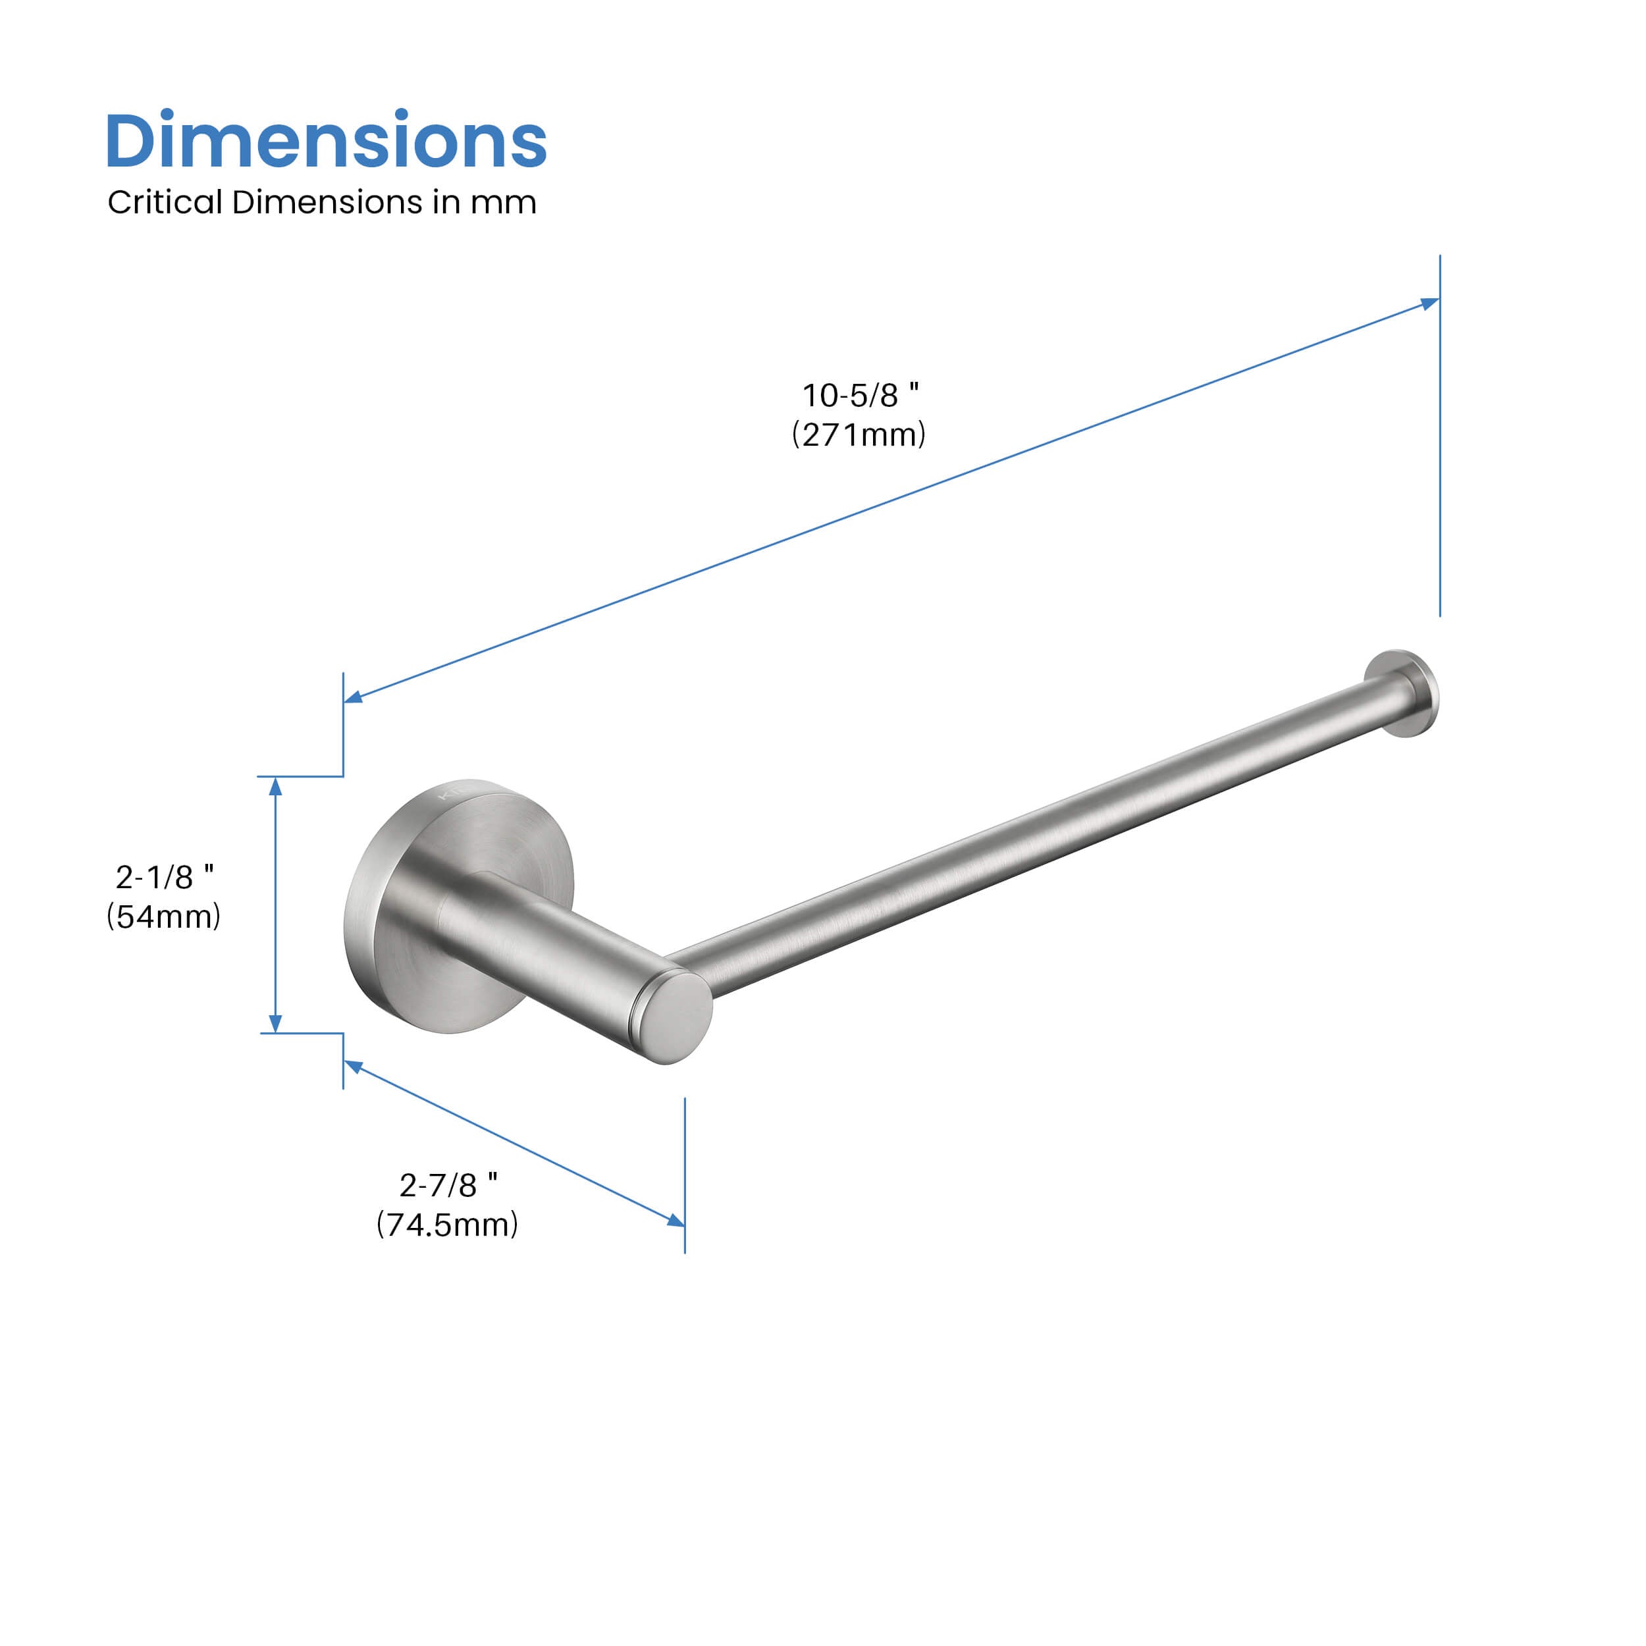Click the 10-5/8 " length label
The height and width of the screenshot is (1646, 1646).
click(x=861, y=394)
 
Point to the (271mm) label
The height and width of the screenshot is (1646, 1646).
click(x=859, y=435)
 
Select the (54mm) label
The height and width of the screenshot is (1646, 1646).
click(x=163, y=916)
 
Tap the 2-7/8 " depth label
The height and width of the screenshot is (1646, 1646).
click(x=448, y=1184)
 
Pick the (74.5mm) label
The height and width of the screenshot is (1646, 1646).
click(x=447, y=1224)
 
